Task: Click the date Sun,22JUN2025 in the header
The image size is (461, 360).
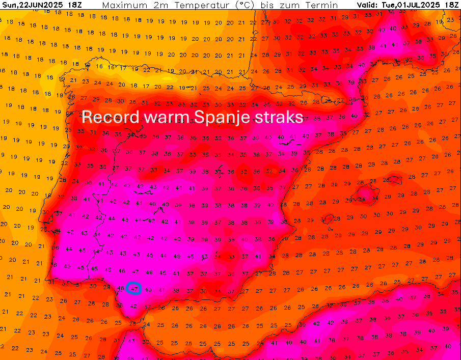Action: [32, 5]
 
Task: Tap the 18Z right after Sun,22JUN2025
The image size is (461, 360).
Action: [74, 5]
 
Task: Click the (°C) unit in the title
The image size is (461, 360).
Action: [242, 5]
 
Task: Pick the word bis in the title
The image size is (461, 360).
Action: [268, 5]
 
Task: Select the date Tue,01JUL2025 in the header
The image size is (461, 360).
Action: [411, 5]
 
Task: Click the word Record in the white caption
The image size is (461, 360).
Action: [110, 117]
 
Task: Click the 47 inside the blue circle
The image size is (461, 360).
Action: [134, 288]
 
